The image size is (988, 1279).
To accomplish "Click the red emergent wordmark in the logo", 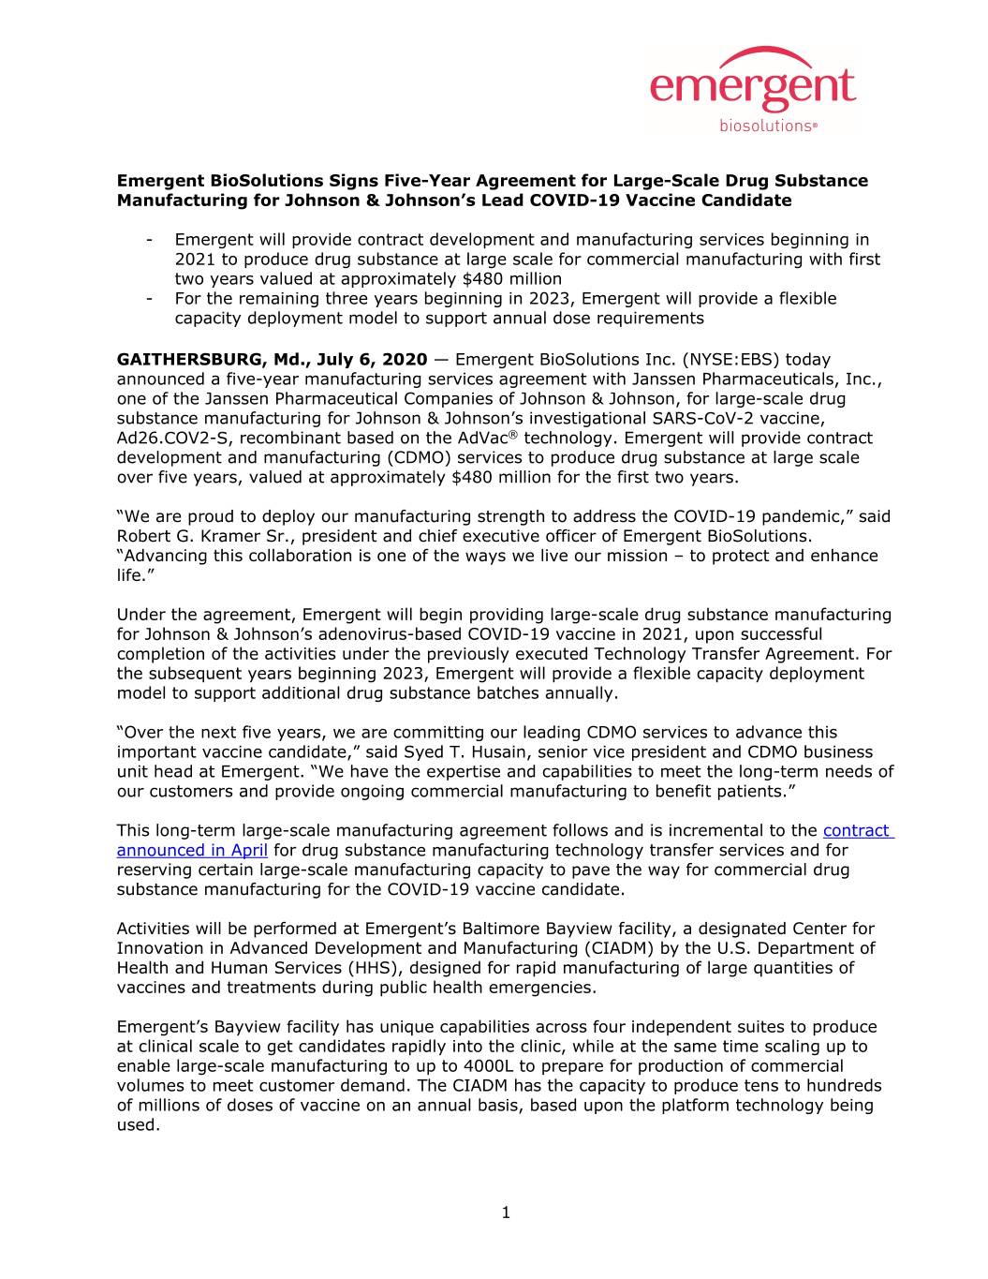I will [752, 88].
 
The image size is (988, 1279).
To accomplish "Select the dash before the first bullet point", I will [150, 240].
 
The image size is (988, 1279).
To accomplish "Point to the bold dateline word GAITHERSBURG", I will [180, 360].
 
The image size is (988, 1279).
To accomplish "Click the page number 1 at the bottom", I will [506, 1214].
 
